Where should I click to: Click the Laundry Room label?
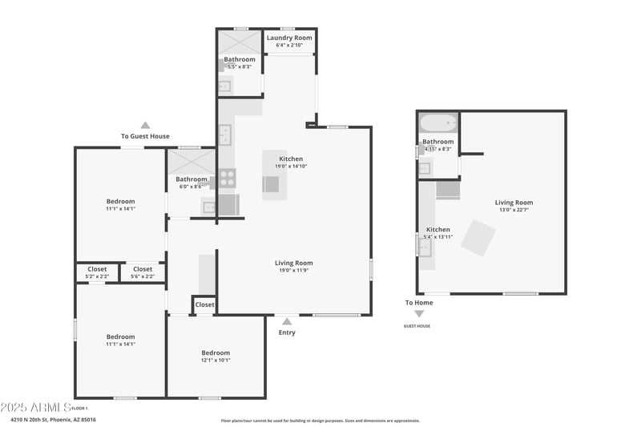pos(288,38)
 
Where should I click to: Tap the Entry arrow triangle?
pos(286,321)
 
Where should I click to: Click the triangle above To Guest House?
pos(145,125)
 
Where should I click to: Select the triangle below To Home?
pos(418,314)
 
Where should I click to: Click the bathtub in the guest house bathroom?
pos(437,124)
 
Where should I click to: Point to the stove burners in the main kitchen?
pos(228,177)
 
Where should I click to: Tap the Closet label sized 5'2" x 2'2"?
pos(97,269)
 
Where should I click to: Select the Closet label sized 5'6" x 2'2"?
pos(143,269)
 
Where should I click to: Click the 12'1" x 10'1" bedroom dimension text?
pos(216,360)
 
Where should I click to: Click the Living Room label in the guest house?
pos(514,203)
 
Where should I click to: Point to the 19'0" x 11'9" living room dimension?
pos(293,270)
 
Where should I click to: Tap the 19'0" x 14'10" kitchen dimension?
pos(291,166)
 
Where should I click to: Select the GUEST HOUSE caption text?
pos(417,326)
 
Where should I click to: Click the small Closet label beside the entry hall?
pos(205,304)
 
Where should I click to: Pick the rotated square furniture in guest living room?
pos(478,238)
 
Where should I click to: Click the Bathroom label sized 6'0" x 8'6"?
pos(191,179)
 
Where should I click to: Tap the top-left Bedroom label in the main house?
pos(121,201)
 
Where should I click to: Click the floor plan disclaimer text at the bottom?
pos(320,420)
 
